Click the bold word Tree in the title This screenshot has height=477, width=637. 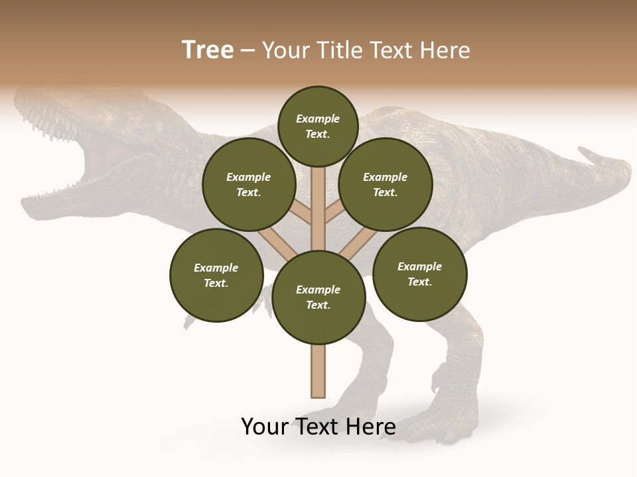(x=208, y=50)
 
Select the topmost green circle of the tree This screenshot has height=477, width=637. (x=318, y=126)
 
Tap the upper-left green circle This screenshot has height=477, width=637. (x=249, y=185)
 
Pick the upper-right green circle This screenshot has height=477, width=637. (x=386, y=185)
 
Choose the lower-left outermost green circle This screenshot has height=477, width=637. (x=216, y=276)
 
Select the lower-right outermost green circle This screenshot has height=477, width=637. (x=419, y=274)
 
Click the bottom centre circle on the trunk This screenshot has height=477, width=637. (x=318, y=297)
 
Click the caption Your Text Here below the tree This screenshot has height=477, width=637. (x=318, y=427)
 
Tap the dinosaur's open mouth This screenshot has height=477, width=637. (x=100, y=166)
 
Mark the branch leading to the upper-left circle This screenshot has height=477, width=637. (x=302, y=212)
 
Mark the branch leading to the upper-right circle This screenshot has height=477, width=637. (x=335, y=212)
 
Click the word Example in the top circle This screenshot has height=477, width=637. (x=318, y=119)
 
